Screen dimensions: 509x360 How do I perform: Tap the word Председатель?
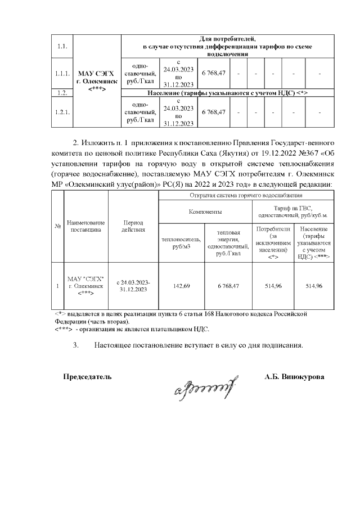pos(87,376)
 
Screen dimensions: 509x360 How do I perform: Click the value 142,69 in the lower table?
pos(181,286)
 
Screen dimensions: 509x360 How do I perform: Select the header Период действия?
pos(134,226)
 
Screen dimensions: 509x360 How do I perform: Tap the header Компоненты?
pos(205,212)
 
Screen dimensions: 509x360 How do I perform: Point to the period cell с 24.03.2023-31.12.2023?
pos(134,286)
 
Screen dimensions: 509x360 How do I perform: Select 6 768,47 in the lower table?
pos(228,286)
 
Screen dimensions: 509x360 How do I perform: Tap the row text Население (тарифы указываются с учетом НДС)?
pos(227,92)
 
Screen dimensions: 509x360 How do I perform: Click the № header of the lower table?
pos(58,226)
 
